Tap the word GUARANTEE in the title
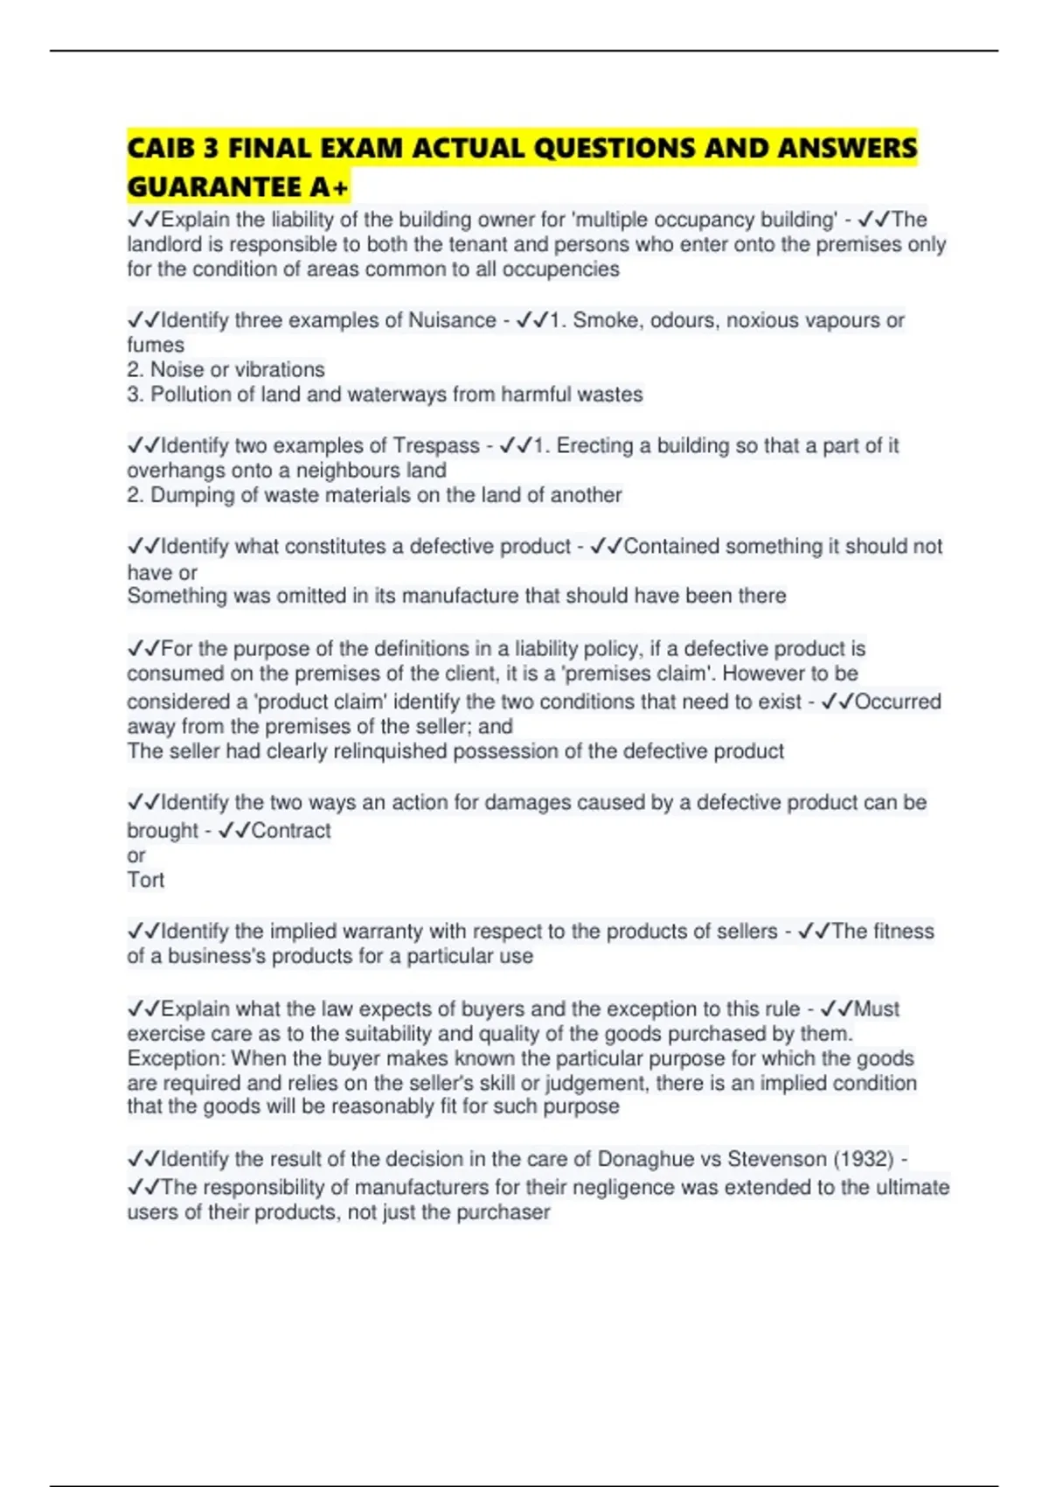point(214,186)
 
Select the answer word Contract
point(291,830)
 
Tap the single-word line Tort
point(145,879)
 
